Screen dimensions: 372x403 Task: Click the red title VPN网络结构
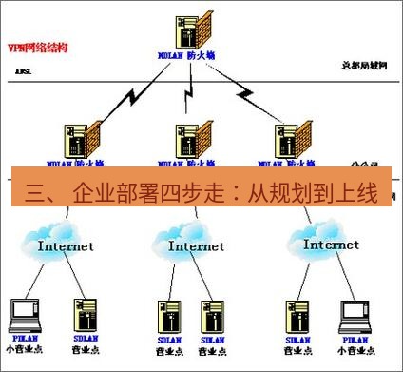tap(35, 46)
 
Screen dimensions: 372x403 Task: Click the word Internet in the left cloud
tap(66, 245)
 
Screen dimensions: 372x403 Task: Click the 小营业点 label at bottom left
tap(24, 349)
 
